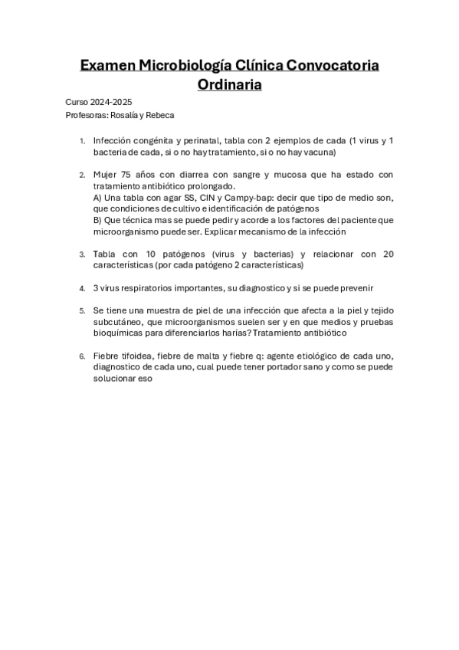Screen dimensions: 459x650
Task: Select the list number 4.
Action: point(82,288)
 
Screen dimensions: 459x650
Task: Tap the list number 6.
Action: point(82,356)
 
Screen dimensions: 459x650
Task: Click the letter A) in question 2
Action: point(97,197)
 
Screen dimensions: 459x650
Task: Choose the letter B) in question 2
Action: point(97,220)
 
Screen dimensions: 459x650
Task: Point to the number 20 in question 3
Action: point(387,254)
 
